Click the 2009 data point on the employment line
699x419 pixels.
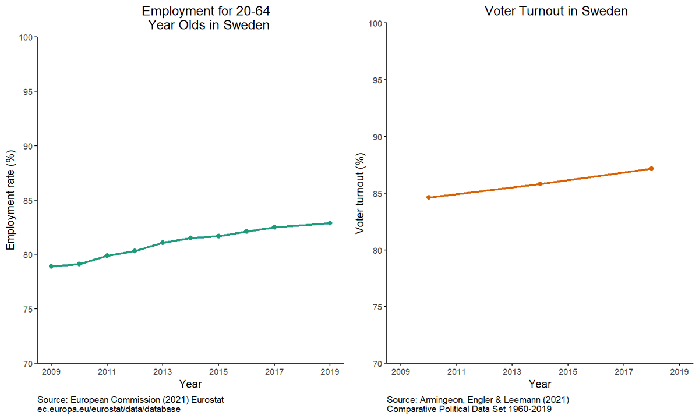[x=51, y=266]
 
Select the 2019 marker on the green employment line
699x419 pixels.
[x=330, y=223]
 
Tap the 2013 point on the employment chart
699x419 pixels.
[x=163, y=243]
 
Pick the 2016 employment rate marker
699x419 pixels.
[x=246, y=232]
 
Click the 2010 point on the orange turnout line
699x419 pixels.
[x=429, y=197]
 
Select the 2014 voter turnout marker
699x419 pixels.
[x=540, y=184]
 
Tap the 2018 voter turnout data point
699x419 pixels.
[x=651, y=169]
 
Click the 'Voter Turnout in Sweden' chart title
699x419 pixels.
[x=556, y=11]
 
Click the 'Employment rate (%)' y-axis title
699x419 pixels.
[x=10, y=200]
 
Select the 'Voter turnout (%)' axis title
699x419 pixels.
[x=360, y=193]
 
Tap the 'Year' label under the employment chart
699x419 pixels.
[x=190, y=384]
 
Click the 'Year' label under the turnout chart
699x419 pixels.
[x=540, y=384]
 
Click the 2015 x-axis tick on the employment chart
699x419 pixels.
[x=218, y=371]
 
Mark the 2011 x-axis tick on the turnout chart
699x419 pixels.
[x=457, y=371]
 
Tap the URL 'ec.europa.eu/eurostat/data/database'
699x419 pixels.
[x=109, y=409]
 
